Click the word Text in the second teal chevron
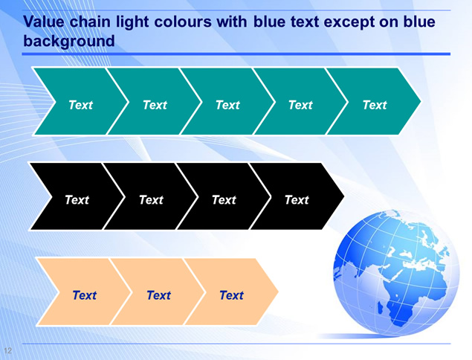pos(155,105)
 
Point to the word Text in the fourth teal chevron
pos(300,105)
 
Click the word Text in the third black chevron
pos(224,200)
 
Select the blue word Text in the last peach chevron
pos(231,295)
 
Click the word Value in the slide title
pos(44,22)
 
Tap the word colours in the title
pos(183,22)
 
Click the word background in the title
pos(69,41)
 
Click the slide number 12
pos(8,350)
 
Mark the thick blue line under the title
pos(236,54)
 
